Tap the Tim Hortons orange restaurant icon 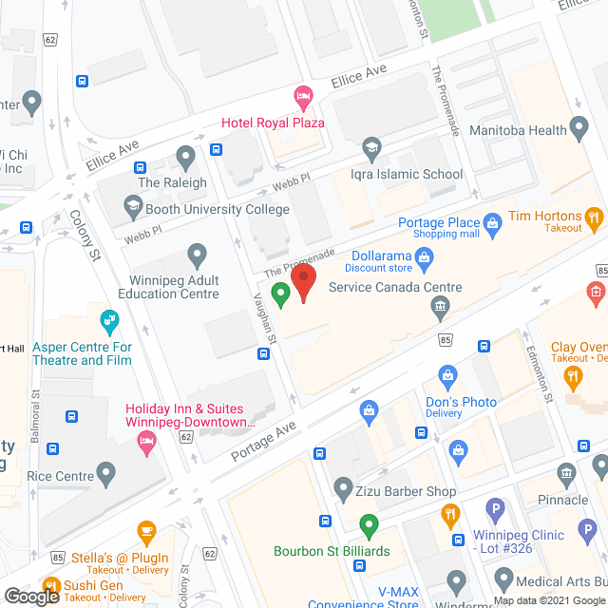(x=594, y=218)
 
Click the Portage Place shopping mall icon (x=492, y=223)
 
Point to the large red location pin (x=303, y=281)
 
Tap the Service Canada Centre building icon (x=440, y=305)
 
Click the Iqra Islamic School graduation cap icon (x=370, y=147)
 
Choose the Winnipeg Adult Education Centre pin (x=197, y=254)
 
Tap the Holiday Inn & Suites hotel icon (x=145, y=440)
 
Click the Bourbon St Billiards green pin (x=369, y=523)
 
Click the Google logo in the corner (x=30, y=597)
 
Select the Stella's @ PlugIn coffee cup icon (x=145, y=530)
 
